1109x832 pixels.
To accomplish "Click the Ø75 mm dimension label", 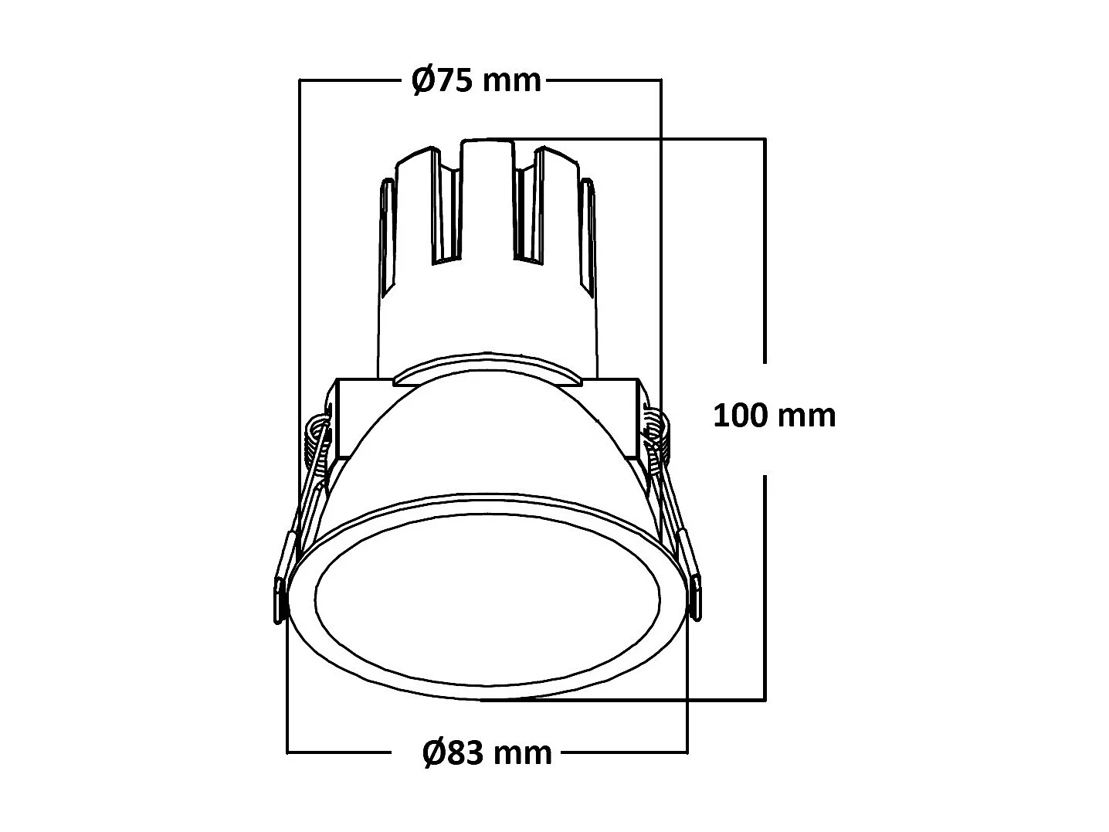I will coord(476,80).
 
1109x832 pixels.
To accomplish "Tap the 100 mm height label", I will coord(774,416).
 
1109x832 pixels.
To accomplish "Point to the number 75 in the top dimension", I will coord(455,80).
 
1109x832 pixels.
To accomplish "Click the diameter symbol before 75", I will coord(423,80).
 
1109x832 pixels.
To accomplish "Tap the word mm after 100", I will coord(806,416).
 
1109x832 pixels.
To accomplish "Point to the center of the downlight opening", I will coord(487,596).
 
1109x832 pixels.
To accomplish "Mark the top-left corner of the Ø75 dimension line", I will coord(299,80).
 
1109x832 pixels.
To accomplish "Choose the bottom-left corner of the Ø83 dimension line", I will coord(287,751).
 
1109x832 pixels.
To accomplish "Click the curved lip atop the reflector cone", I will coord(487,367).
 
